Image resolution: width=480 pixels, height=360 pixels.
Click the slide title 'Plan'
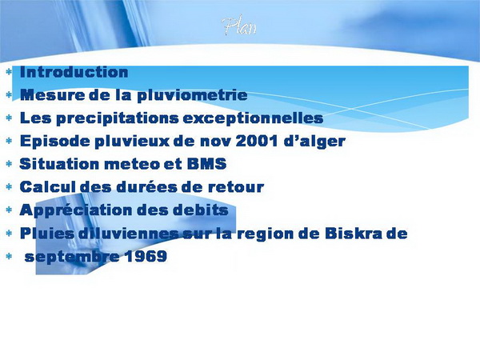(239, 26)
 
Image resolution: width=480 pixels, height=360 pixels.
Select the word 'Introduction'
(74, 72)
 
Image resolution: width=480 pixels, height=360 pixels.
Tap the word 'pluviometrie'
(192, 95)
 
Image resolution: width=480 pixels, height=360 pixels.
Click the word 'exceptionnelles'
(253, 118)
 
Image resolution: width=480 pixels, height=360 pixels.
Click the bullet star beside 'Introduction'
(9, 72)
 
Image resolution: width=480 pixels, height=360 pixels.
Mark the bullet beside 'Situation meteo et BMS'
(9, 164)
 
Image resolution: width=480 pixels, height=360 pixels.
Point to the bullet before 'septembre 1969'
(9, 256)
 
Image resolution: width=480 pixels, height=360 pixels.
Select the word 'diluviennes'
(129, 234)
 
